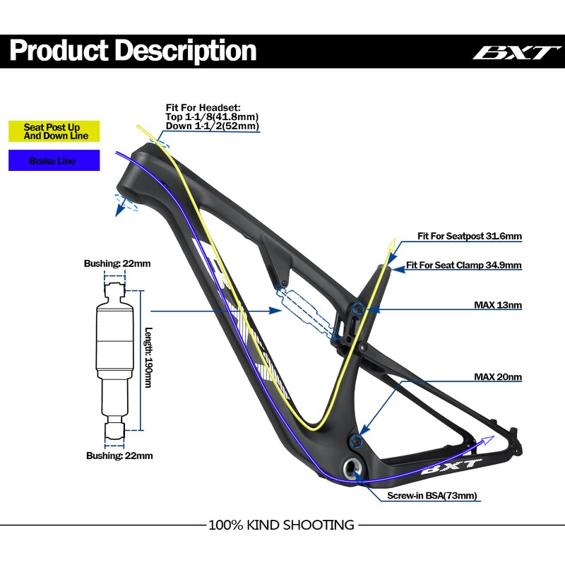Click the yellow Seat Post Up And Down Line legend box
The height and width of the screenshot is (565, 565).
coord(54,131)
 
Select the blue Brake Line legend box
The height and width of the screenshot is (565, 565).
coord(54,161)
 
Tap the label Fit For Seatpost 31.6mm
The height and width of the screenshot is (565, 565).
coord(470,237)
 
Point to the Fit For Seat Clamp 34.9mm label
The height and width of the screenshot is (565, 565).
coord(463,266)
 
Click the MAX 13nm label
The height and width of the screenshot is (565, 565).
coord(497,306)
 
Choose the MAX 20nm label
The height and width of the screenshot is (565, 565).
coord(497,377)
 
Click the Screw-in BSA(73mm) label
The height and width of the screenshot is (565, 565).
coord(432,496)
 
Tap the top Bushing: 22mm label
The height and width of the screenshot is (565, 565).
coord(117,263)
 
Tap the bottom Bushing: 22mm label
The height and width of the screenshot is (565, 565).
coord(119,456)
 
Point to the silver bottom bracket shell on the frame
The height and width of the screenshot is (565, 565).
coord(351,466)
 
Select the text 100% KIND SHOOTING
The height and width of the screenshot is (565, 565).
coord(281,525)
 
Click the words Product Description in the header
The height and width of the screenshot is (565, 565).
coord(133,51)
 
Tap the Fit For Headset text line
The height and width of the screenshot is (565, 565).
coord(203,107)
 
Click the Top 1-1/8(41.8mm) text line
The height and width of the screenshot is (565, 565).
coord(212,117)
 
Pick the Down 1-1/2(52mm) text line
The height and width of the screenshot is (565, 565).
coord(212,126)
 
